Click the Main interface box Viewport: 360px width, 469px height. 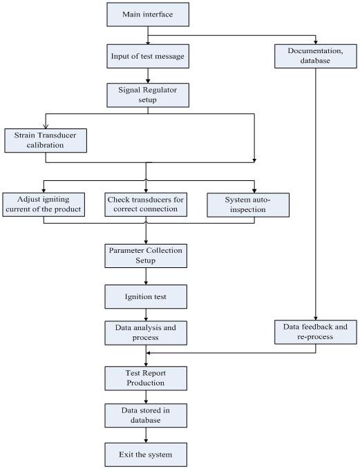[x=148, y=15]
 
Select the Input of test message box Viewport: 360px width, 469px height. [x=148, y=56]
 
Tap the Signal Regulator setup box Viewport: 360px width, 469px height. [x=148, y=95]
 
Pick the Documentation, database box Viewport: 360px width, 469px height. [x=315, y=56]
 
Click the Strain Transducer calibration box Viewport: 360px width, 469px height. [x=46, y=141]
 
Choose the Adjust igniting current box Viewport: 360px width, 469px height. [x=44, y=204]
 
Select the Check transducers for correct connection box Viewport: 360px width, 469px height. [x=146, y=204]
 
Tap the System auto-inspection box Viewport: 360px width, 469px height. [x=248, y=205]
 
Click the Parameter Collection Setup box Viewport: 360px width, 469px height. [x=146, y=256]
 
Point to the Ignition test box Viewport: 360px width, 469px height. [x=146, y=297]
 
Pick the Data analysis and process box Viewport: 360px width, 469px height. [x=146, y=333]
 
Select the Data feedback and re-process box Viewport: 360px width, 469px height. [x=315, y=332]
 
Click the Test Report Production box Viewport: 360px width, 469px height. [x=146, y=379]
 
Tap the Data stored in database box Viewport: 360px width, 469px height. [x=146, y=415]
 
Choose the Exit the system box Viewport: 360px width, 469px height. [x=146, y=454]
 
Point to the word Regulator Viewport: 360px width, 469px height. [x=161, y=90]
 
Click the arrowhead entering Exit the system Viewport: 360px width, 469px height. [x=146, y=441]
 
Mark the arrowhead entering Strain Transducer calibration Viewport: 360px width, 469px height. [x=46, y=126]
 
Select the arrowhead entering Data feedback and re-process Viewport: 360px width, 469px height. [x=315, y=318]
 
